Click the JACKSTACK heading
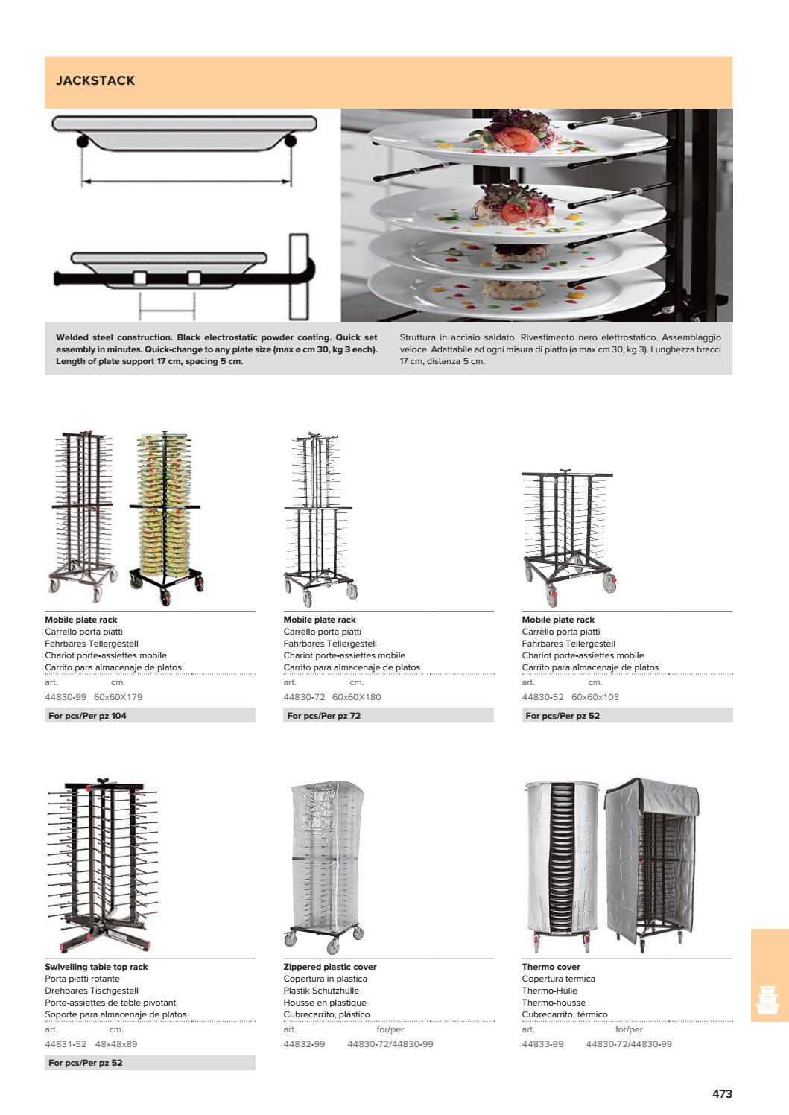coord(95,80)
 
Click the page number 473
coord(722,1093)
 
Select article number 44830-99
coord(66,697)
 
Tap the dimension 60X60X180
coord(356,697)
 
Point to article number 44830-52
coord(542,697)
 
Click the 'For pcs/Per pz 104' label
coord(87,716)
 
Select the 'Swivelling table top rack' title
coord(96,967)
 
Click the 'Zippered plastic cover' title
coord(329,967)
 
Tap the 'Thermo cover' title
coord(551,967)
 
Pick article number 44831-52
coord(66,1044)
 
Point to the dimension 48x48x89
coord(116,1044)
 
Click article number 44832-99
coord(304,1044)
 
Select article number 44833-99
coord(542,1044)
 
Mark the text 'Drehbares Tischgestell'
coord(92,991)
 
